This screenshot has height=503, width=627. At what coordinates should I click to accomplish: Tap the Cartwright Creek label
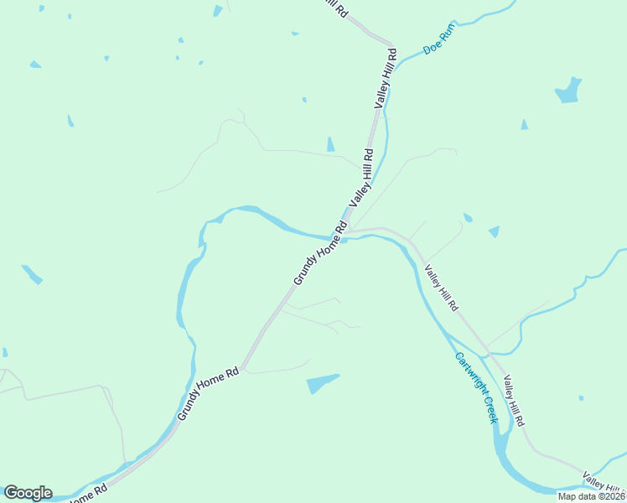click(x=476, y=386)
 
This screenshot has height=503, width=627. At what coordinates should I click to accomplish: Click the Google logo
click(x=28, y=493)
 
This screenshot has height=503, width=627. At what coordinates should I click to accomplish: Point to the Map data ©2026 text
click(x=590, y=496)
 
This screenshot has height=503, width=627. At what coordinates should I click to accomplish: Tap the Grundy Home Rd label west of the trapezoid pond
click(x=208, y=393)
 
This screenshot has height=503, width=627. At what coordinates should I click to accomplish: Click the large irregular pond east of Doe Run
click(x=568, y=91)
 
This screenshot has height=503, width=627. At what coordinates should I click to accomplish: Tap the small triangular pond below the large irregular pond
click(x=524, y=125)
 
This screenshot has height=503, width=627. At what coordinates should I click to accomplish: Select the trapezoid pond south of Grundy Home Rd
click(x=322, y=383)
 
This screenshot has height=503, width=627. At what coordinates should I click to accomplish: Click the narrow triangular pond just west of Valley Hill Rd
click(x=330, y=144)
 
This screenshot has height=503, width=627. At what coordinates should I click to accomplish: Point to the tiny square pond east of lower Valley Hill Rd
click(x=581, y=397)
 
